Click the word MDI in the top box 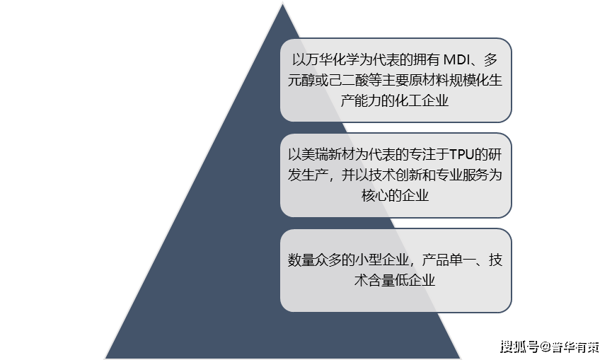point(461,59)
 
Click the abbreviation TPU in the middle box point(462,154)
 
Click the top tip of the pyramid point(282,3)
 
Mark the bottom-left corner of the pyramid point(106,357)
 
